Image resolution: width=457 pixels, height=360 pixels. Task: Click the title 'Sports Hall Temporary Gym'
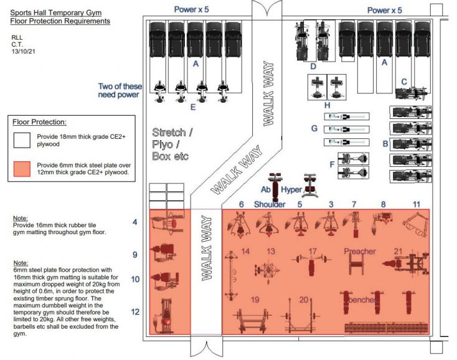[x=55, y=12]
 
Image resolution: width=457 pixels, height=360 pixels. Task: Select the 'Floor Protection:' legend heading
[x=40, y=122]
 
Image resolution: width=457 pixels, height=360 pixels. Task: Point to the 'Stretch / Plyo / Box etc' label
[x=172, y=144]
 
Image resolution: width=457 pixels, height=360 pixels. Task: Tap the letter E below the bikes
[x=193, y=107]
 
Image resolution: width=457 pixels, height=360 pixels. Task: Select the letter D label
[x=314, y=66]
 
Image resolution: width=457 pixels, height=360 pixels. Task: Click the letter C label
[x=403, y=81]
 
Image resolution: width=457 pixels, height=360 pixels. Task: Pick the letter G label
[x=314, y=128]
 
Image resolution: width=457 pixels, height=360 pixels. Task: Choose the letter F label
[x=331, y=164]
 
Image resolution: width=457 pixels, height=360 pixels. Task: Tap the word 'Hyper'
[x=292, y=189]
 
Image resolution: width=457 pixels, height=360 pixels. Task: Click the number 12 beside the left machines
[x=135, y=311]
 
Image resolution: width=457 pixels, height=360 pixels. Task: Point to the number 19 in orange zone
[x=255, y=300]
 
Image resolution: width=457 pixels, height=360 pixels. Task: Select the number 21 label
[x=398, y=250]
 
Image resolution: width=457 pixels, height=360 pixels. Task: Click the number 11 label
[x=417, y=204]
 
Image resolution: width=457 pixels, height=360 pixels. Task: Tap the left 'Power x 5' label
[x=196, y=9]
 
